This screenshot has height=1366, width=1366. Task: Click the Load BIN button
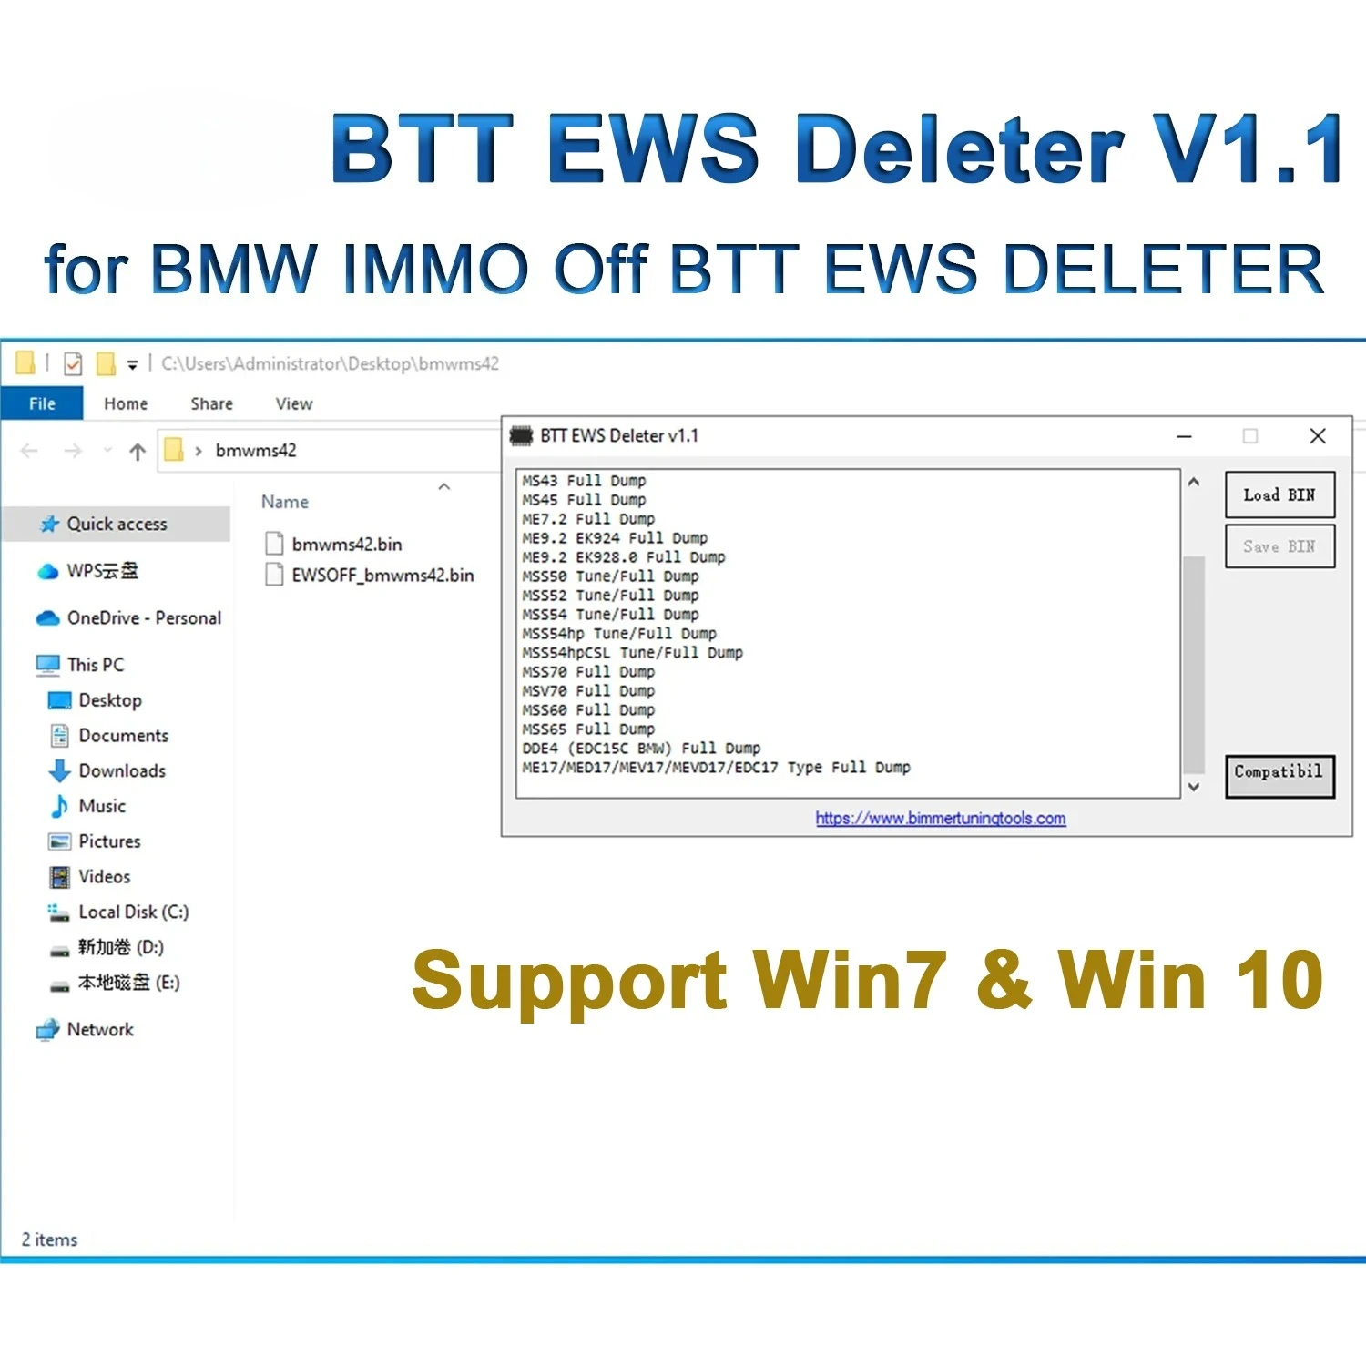(x=1279, y=495)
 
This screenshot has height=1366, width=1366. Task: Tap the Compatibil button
(x=1279, y=774)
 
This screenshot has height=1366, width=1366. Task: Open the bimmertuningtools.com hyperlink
(x=940, y=818)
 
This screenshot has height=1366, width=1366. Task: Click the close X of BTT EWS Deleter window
(x=1317, y=436)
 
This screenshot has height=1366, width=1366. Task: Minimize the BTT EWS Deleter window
(x=1184, y=436)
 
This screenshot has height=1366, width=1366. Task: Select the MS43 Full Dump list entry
(x=584, y=481)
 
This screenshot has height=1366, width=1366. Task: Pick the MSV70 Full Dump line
(x=588, y=691)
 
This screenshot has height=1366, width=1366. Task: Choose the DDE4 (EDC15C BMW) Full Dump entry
(x=641, y=749)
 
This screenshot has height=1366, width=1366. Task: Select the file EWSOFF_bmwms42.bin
(x=382, y=576)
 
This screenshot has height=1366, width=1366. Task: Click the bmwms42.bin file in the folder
(x=346, y=545)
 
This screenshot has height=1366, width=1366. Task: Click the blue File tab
(x=42, y=403)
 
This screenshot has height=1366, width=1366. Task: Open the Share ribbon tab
(x=211, y=403)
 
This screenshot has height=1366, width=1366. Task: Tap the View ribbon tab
(x=293, y=403)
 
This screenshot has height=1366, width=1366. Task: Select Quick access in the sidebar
(x=117, y=525)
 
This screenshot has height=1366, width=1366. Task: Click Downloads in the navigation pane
(x=121, y=771)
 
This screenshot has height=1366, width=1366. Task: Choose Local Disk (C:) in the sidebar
(x=133, y=912)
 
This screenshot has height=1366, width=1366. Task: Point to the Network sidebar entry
(x=99, y=1030)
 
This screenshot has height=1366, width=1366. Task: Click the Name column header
(x=285, y=502)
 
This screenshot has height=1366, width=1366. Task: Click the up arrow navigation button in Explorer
(x=138, y=452)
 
